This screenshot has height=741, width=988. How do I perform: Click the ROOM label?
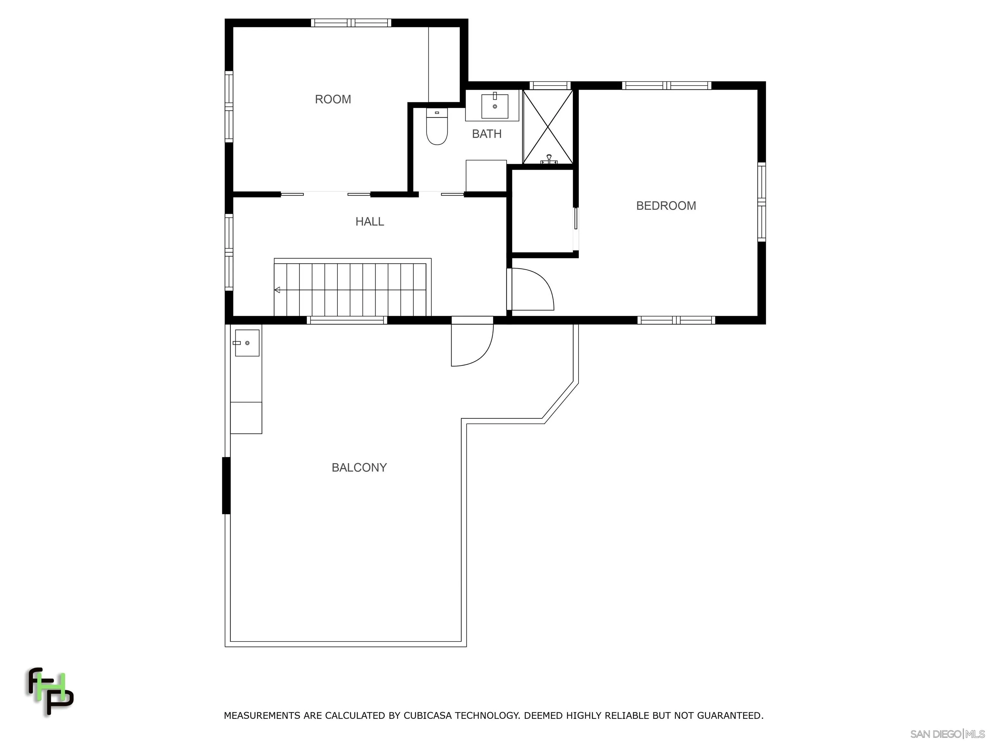[x=333, y=99]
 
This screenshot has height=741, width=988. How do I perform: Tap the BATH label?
[x=486, y=133]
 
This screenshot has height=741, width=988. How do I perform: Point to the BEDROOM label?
[x=665, y=206]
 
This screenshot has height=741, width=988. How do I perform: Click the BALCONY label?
[x=359, y=467]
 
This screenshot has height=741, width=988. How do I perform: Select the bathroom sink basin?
[x=494, y=106]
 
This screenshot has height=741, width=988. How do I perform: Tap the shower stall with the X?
[x=548, y=126]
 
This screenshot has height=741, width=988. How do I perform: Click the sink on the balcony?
[x=247, y=343]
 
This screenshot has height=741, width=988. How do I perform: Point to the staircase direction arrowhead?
[x=277, y=290]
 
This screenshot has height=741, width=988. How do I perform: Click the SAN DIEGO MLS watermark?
[x=947, y=734]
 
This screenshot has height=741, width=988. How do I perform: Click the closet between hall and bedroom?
[x=542, y=211]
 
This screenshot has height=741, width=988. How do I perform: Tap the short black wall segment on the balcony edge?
[x=226, y=486]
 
